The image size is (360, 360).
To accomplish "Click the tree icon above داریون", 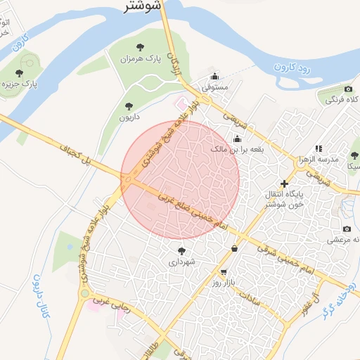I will [x=129, y=106].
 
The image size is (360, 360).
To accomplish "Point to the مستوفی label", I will [x=215, y=88].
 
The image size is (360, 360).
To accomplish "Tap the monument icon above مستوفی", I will [x=215, y=76].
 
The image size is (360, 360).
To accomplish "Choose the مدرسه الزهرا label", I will [x=333, y=159].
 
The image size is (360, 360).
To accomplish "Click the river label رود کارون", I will [x=290, y=68].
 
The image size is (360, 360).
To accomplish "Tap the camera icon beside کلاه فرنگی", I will [x=348, y=89].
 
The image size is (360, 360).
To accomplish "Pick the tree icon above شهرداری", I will [x=181, y=250].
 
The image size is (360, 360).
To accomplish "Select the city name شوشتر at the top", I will [x=143, y=6].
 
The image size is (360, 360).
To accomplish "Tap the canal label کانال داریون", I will [x=37, y=296].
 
